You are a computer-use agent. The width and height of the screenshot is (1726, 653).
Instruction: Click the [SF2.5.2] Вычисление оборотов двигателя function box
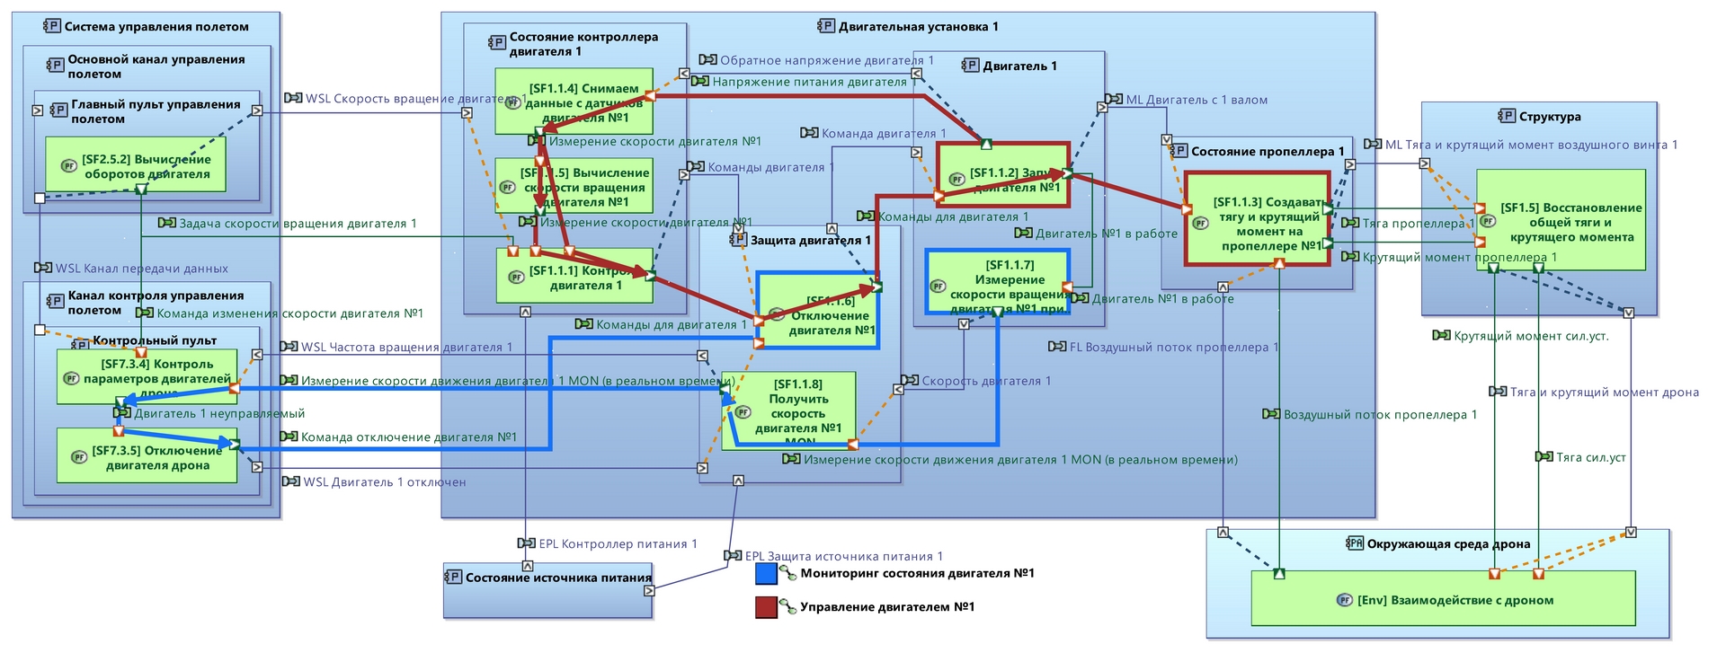[135, 164]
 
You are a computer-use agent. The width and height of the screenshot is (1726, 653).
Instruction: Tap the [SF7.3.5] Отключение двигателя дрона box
[147, 456]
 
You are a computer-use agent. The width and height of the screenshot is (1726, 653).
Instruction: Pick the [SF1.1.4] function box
[586, 101]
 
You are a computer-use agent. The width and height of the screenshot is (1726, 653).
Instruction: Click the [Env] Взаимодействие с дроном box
[1443, 600]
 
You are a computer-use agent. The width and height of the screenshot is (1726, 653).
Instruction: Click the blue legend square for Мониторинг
[766, 573]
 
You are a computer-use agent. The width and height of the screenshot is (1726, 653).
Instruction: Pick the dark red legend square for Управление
[766, 607]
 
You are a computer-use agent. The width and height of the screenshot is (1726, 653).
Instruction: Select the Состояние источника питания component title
[558, 578]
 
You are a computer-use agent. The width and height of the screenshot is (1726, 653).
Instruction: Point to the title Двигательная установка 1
[918, 27]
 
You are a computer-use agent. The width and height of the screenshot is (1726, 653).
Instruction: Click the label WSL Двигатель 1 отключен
[384, 482]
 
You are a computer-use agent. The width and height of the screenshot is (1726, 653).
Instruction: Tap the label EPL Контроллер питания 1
[618, 543]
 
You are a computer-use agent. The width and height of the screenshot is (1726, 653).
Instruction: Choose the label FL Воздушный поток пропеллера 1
[1172, 347]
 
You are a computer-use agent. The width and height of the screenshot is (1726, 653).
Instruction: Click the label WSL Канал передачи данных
[141, 268]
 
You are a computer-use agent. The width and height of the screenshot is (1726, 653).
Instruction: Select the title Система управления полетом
[156, 27]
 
